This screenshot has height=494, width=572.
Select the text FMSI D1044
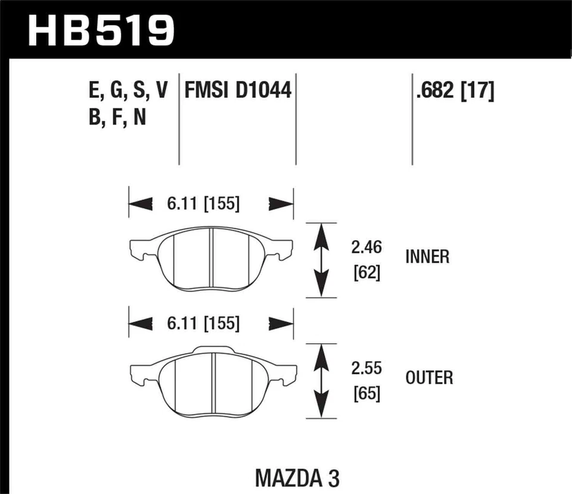pyautogui.click(x=238, y=91)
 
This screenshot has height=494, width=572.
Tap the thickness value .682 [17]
pyautogui.click(x=455, y=91)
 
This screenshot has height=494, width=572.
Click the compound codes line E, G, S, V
pyautogui.click(x=127, y=91)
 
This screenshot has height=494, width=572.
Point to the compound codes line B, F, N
pyautogui.click(x=116, y=118)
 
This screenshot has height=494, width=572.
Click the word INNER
pyautogui.click(x=427, y=257)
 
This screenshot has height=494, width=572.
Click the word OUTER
pyautogui.click(x=429, y=378)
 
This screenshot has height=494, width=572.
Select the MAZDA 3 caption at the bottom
pyautogui.click(x=300, y=478)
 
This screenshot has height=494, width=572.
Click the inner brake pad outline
pyautogui.click(x=212, y=259)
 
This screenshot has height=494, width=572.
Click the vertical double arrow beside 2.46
pyautogui.click(x=322, y=260)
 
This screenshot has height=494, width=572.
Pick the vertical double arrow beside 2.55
pyautogui.click(x=322, y=380)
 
